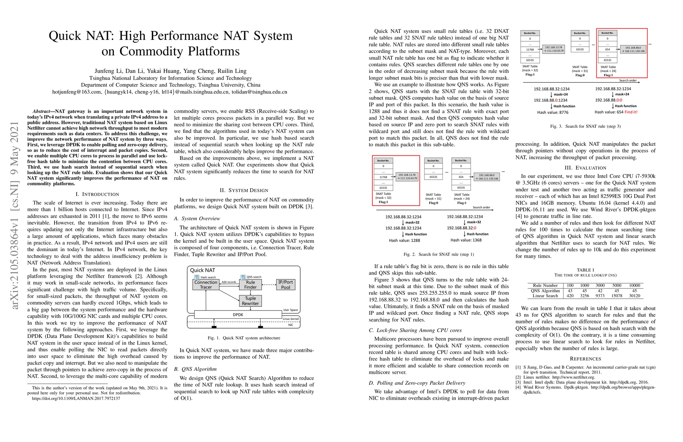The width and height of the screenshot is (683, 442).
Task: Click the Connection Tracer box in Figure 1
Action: coord(206,285)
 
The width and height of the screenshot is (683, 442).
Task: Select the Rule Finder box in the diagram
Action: coord(251,285)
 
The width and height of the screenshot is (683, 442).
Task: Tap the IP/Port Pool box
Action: coord(286,285)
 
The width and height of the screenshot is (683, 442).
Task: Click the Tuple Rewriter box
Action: coord(251,301)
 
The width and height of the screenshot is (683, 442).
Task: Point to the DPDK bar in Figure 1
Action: coord(238,315)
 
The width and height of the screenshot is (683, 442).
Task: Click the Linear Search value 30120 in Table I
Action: coord(634,296)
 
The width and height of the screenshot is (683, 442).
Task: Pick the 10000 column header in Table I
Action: coord(634,285)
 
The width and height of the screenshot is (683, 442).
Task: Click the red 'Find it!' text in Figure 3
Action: coord(631,112)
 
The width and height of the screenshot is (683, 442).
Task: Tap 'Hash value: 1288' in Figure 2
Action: coord(404,241)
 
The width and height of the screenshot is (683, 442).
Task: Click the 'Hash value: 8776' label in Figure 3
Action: coord(553,112)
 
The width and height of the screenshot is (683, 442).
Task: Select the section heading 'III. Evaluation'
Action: coord(585,168)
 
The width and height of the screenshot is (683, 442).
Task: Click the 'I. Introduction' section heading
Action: coord(97,194)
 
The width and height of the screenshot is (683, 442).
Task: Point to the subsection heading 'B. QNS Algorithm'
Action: coord(195,369)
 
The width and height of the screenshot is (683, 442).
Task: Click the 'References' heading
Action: coord(585,359)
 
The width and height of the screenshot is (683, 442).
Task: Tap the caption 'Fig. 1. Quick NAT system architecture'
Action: coord(244,338)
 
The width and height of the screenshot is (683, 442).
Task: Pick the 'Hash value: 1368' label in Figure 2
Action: coord(466,240)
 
